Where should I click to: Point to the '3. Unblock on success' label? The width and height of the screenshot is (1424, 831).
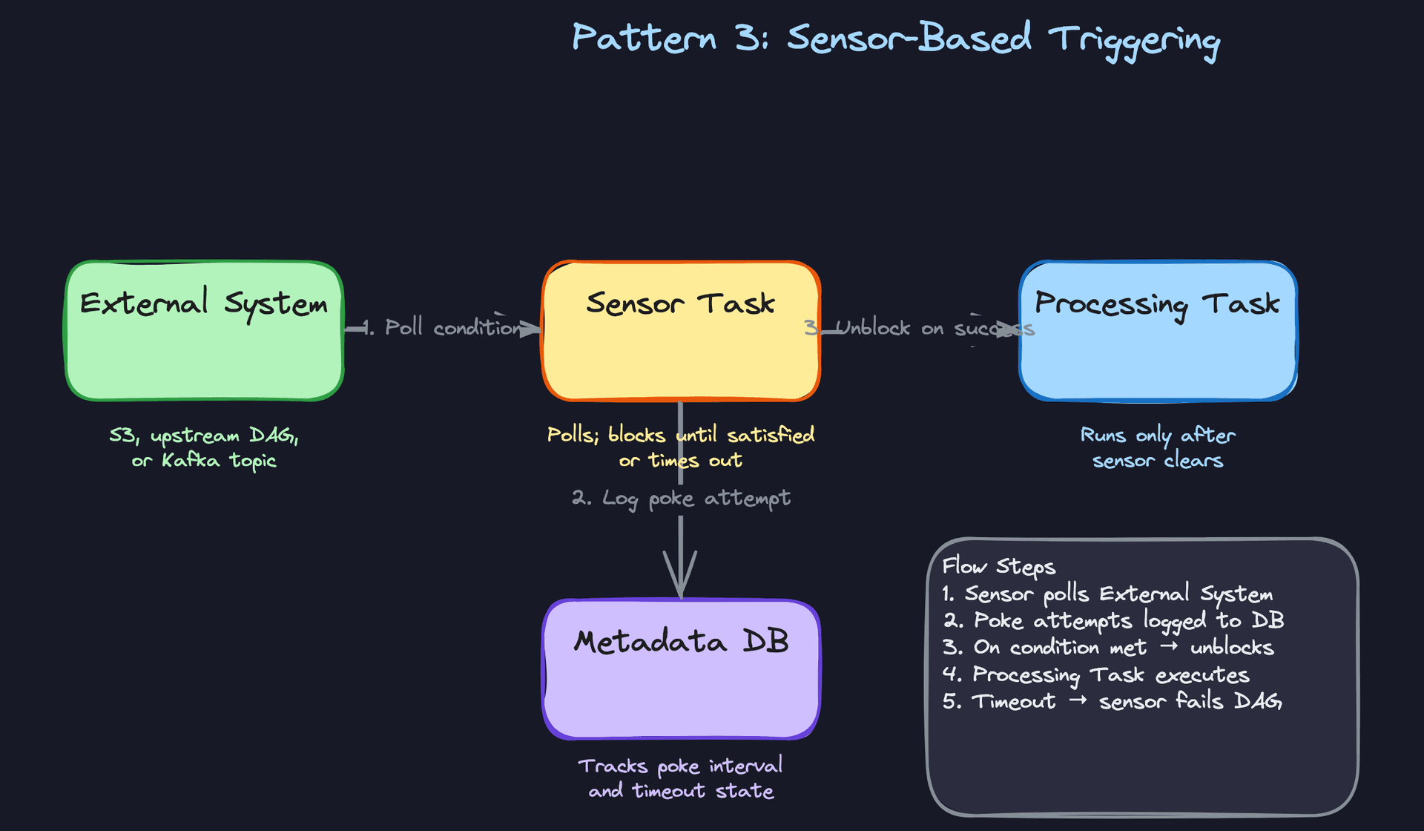coord(920,328)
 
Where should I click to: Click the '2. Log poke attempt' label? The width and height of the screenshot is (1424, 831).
coord(680,498)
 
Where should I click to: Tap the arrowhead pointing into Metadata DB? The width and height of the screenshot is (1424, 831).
coord(680,579)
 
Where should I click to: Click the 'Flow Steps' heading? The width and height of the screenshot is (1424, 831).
coord(998,567)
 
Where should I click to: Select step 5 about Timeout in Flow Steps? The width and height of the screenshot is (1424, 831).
coord(1111,701)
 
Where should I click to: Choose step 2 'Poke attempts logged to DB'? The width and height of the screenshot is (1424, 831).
coord(1113,620)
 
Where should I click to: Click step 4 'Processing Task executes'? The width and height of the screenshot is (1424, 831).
coord(1095,674)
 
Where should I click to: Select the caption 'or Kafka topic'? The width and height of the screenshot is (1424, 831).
coord(204,461)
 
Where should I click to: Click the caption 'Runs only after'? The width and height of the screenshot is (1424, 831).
coord(1157,435)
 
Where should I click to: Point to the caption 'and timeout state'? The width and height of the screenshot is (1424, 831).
coord(680,791)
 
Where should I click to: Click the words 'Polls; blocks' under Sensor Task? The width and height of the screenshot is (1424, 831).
coord(606,435)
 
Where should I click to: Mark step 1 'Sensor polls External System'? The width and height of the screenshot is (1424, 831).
coord(1107,594)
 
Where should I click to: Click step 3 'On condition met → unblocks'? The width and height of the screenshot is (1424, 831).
coord(1108,648)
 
